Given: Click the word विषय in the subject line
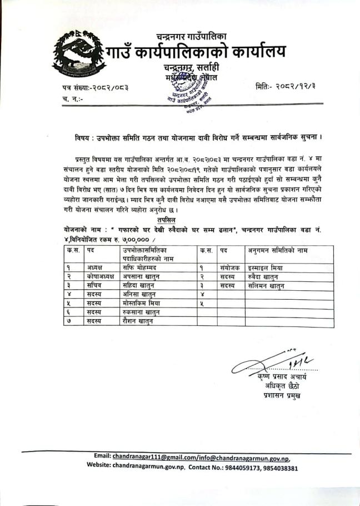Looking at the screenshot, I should pos(84,136).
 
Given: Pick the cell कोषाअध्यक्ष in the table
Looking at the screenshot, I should pos(100,276).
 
